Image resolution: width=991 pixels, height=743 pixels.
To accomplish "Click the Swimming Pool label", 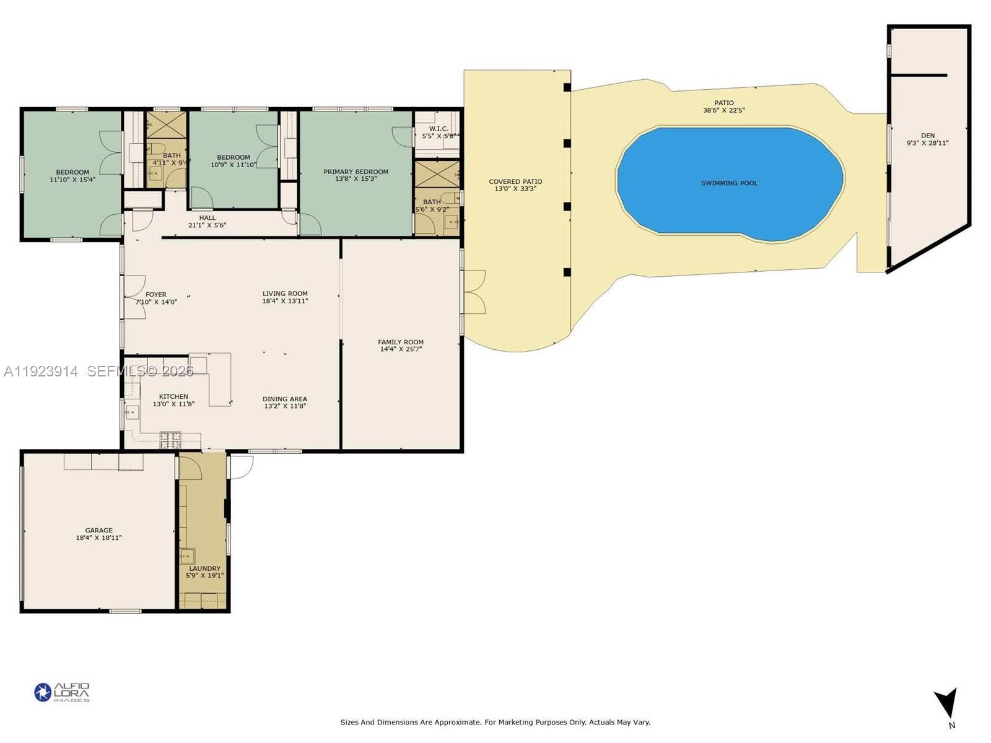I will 729,183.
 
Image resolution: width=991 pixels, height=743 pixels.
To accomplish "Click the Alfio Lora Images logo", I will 62,692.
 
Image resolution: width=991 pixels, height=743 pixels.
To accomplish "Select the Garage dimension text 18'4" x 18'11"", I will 98,538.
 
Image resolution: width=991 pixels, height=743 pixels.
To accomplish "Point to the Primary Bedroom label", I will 356,172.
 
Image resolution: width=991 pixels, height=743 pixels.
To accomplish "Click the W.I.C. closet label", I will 439,129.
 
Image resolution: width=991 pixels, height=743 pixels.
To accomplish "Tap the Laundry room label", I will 204,568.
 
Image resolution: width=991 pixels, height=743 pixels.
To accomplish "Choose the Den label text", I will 927,136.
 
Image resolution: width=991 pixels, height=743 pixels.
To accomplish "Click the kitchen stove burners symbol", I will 170,440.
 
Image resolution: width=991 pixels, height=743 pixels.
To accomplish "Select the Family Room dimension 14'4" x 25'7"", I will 401,349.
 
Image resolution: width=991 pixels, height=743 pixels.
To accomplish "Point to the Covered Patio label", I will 515,181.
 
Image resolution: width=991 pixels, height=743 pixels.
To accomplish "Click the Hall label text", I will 207,218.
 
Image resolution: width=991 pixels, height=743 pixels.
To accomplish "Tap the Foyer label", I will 156,295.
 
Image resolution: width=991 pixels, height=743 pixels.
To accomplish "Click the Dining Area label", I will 285,399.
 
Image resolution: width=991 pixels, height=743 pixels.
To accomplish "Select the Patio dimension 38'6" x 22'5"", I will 723,110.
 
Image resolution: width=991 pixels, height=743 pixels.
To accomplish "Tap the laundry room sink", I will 187,555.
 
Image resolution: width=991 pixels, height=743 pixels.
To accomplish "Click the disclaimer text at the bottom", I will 495,722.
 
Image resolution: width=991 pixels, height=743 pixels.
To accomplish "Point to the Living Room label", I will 285,293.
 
